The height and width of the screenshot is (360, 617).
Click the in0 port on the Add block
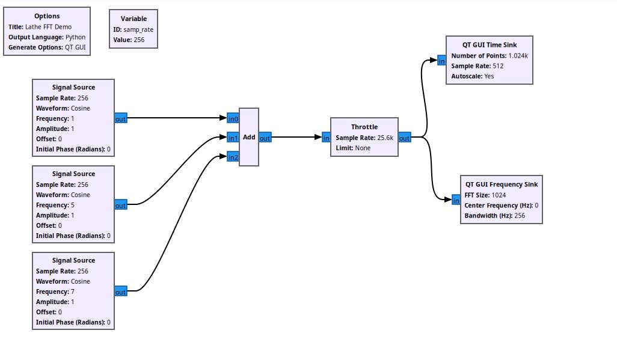233,118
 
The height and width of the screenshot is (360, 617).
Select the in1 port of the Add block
233,138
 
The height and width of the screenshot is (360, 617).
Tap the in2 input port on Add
233,157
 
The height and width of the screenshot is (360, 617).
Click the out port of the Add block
265,138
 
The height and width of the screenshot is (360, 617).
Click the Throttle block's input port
326,138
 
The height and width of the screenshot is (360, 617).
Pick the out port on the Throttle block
404,138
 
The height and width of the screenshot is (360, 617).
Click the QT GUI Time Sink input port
441,60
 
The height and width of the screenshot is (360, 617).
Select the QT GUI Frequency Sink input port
456,200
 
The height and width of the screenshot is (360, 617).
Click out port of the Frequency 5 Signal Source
120,205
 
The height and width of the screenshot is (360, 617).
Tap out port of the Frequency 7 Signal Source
120,291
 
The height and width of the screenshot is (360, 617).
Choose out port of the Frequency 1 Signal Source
120,118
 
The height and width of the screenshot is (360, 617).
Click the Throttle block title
364,127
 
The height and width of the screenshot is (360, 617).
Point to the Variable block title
134,19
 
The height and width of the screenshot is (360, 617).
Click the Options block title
47,16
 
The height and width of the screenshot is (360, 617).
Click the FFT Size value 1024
499,195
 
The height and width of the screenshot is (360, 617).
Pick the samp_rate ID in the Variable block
138,29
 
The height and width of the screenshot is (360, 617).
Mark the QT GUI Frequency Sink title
502,185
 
